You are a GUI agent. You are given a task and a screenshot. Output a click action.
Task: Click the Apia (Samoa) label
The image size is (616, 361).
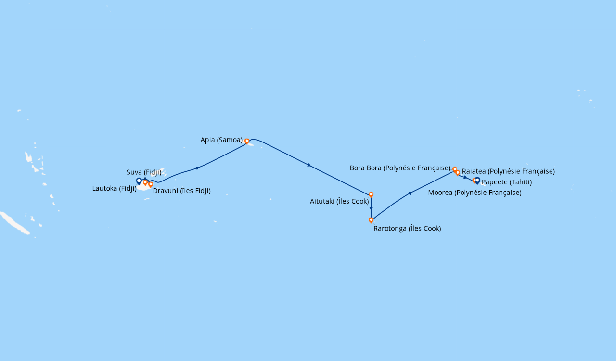[x=221, y=140]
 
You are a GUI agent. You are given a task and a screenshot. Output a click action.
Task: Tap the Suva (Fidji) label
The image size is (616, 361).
[x=144, y=172]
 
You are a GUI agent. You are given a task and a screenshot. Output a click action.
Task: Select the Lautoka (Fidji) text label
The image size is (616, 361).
[x=114, y=188]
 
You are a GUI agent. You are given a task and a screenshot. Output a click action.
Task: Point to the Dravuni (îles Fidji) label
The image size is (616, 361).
[x=181, y=191]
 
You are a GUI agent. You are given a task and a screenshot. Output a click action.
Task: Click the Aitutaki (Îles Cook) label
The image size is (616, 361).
[x=339, y=201]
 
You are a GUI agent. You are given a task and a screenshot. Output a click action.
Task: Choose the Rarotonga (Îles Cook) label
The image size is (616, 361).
[x=407, y=229]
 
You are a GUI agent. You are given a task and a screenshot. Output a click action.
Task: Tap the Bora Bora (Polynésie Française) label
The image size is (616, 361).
[x=400, y=168]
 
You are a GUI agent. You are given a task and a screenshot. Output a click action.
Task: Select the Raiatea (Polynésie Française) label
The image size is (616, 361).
[x=508, y=171]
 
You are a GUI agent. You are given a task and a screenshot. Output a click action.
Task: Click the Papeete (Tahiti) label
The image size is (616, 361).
[x=506, y=182]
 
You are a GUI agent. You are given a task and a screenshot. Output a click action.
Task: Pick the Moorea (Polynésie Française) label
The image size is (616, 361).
[x=475, y=193]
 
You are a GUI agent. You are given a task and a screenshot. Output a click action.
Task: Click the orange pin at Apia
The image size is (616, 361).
[x=247, y=142]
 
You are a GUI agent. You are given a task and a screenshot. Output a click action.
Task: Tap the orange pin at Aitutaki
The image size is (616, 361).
[x=371, y=195]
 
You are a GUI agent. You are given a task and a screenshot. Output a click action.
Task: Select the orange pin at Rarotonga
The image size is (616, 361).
[x=371, y=220]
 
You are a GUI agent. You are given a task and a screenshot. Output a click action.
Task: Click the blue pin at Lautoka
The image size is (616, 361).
[x=139, y=181]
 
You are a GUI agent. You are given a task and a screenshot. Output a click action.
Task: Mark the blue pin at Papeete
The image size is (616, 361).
[x=477, y=180]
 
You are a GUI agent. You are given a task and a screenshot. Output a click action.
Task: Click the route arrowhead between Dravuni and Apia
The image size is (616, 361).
[x=197, y=168]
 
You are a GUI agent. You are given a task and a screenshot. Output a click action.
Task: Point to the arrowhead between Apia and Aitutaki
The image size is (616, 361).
[x=309, y=165]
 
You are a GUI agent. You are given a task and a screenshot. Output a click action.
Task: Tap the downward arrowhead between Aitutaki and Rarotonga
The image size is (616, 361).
[x=371, y=208]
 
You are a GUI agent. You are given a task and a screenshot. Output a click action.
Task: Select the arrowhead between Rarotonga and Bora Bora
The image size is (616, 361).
[x=410, y=193]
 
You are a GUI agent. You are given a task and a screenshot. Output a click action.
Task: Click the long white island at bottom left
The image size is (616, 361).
[x=14, y=223]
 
